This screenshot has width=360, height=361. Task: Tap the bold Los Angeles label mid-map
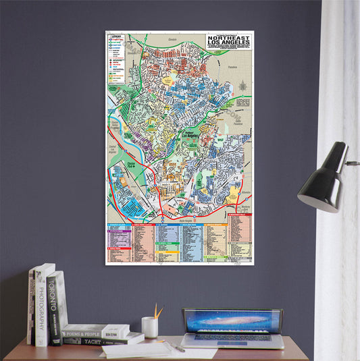196,138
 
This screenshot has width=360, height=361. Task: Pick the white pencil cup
150,327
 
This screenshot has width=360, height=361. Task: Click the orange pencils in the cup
157,312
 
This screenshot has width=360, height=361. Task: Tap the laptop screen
232,321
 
